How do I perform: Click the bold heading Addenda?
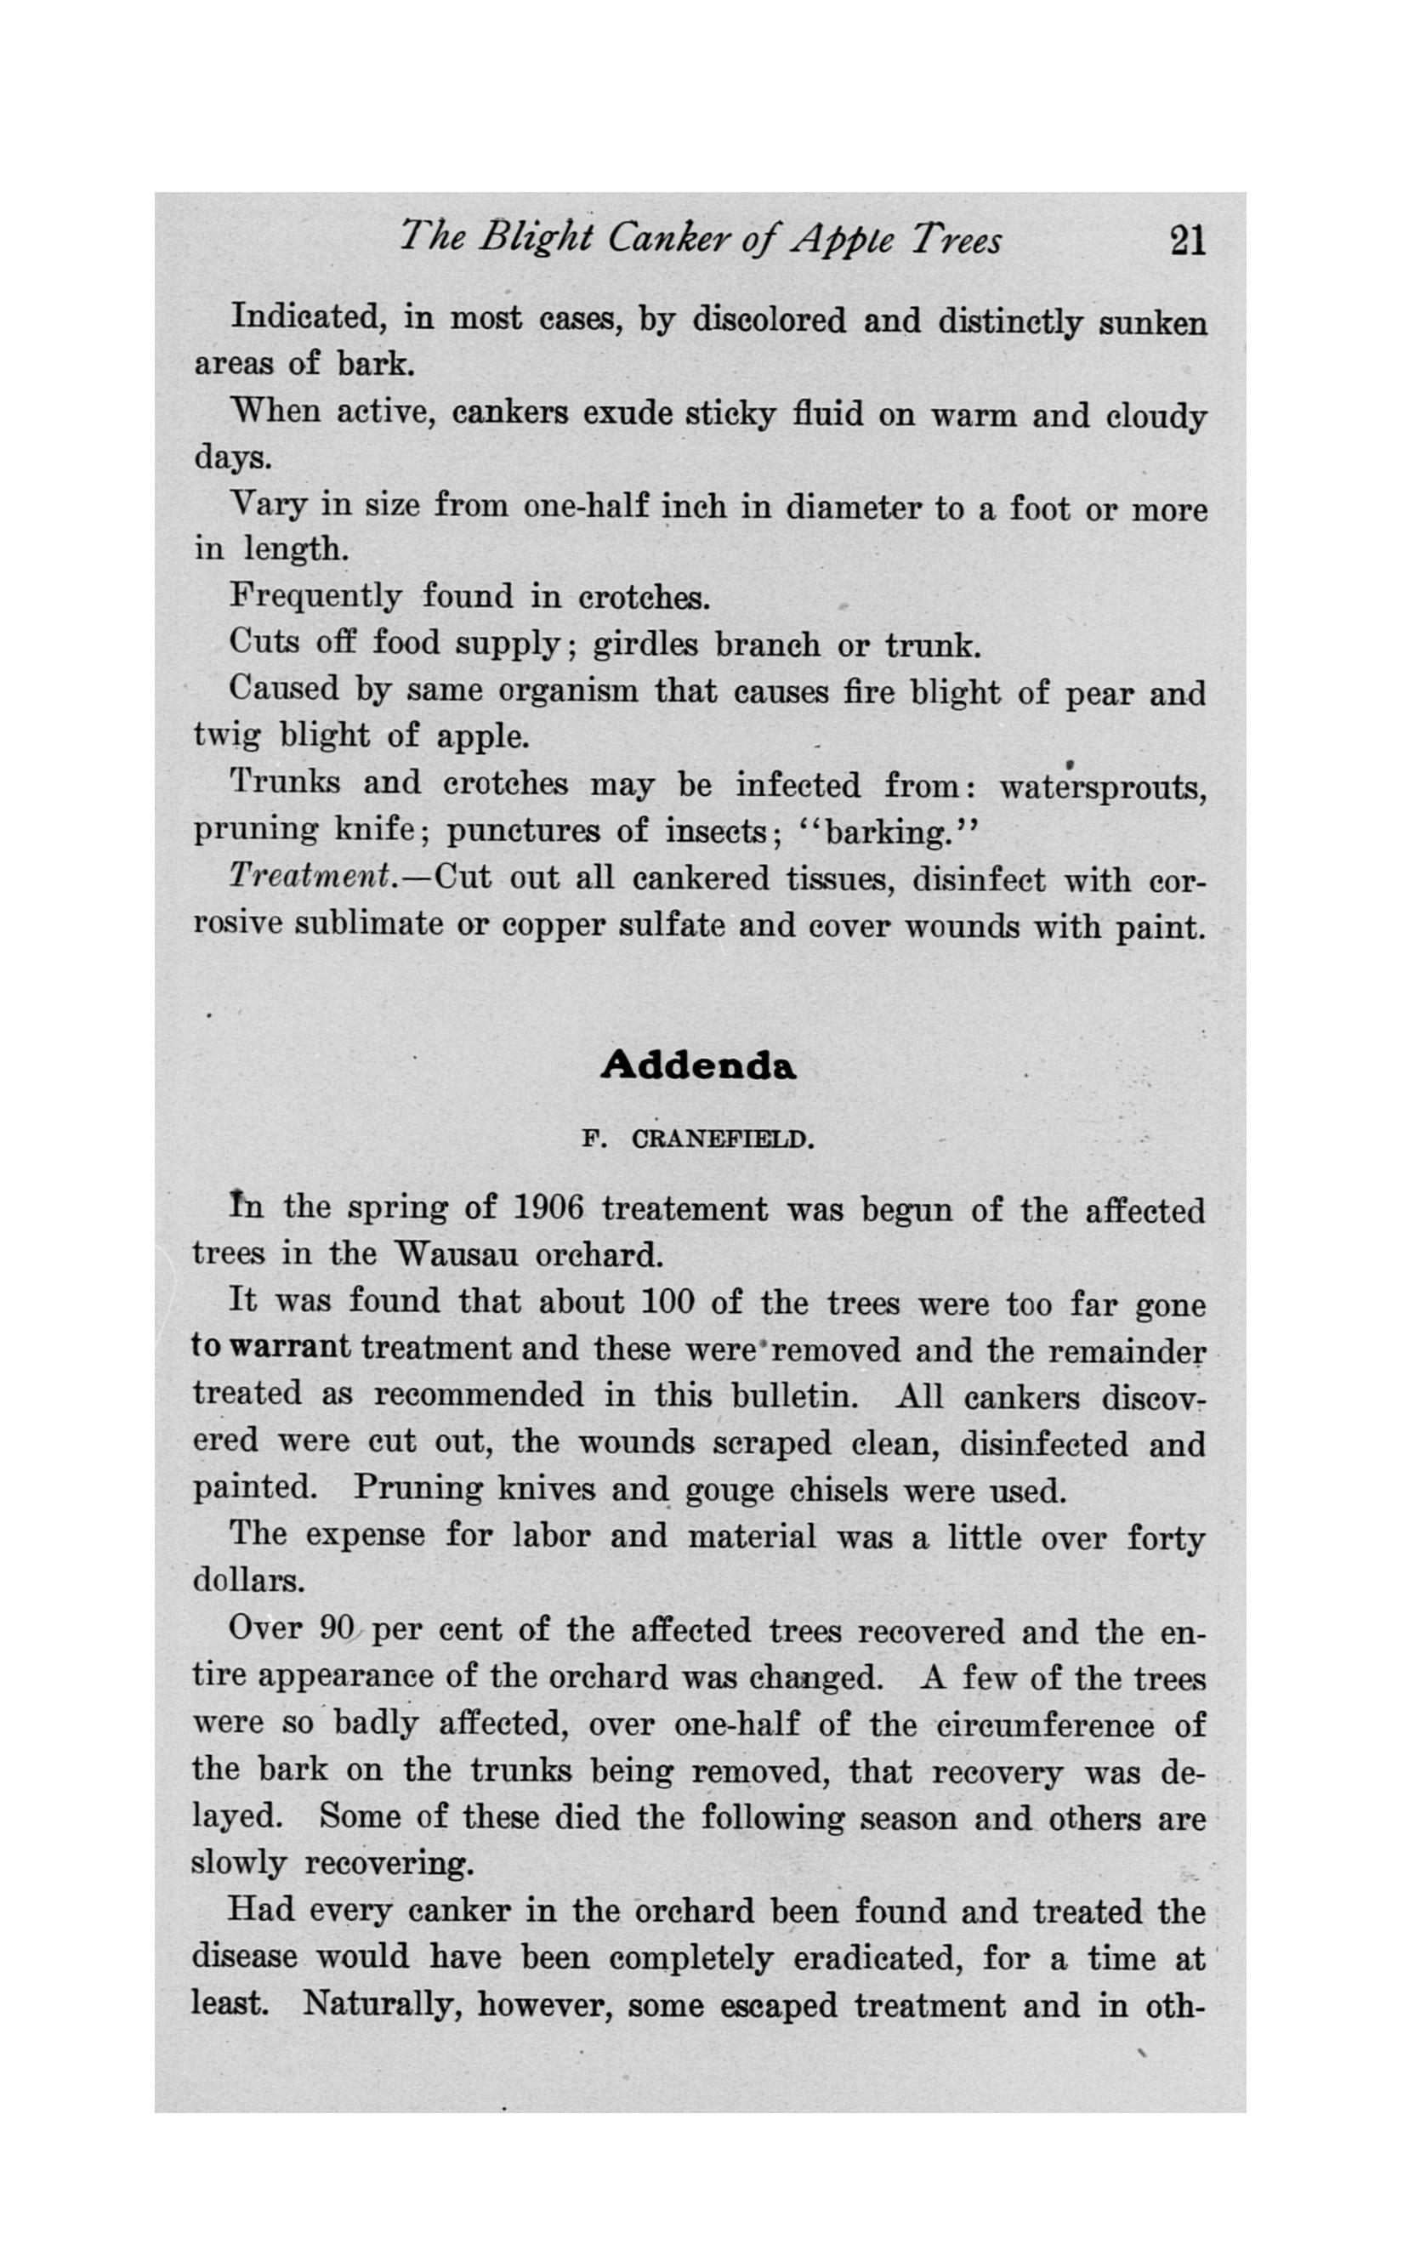[698, 1066]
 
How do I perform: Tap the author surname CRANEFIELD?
[722, 1139]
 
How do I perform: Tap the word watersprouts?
[1102, 787]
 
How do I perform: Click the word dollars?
[247, 1581]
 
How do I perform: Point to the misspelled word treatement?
[684, 1210]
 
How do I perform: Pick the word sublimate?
[368, 925]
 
